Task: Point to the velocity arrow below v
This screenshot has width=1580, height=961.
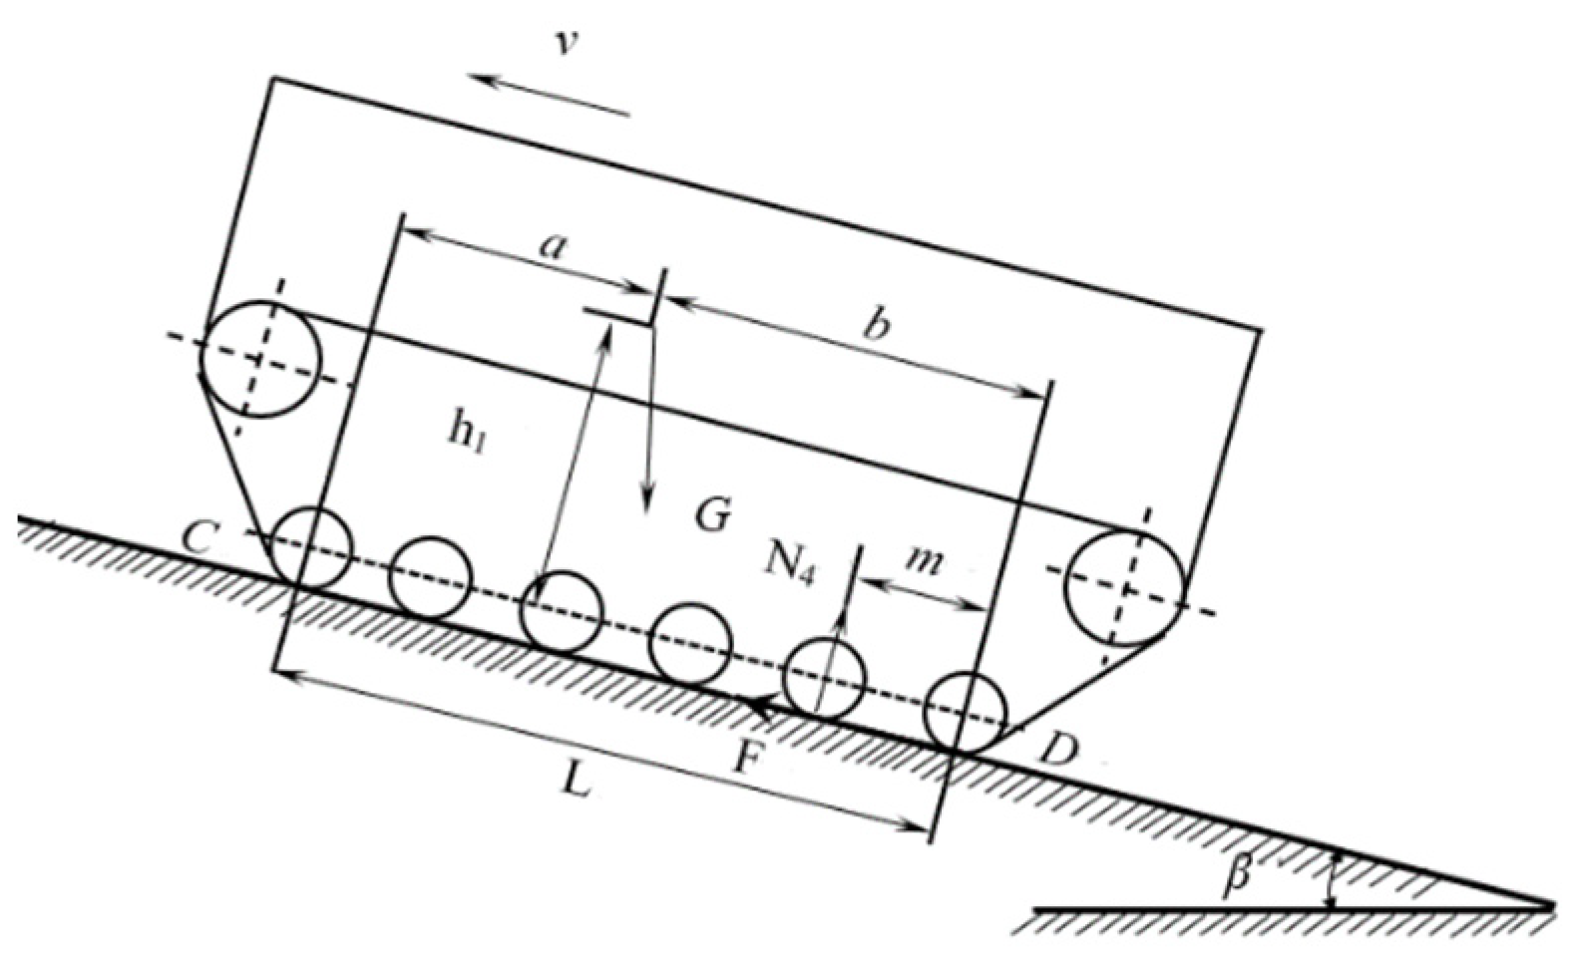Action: click(x=551, y=95)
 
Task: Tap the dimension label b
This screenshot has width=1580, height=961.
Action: click(x=875, y=325)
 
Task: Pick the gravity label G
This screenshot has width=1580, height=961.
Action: click(x=712, y=516)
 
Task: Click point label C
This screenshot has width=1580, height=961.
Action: click(x=199, y=537)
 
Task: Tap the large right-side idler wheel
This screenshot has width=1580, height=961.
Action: click(x=1125, y=589)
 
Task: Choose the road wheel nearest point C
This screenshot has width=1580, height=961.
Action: click(x=312, y=547)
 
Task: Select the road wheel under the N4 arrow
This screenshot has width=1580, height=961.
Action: click(x=823, y=678)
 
